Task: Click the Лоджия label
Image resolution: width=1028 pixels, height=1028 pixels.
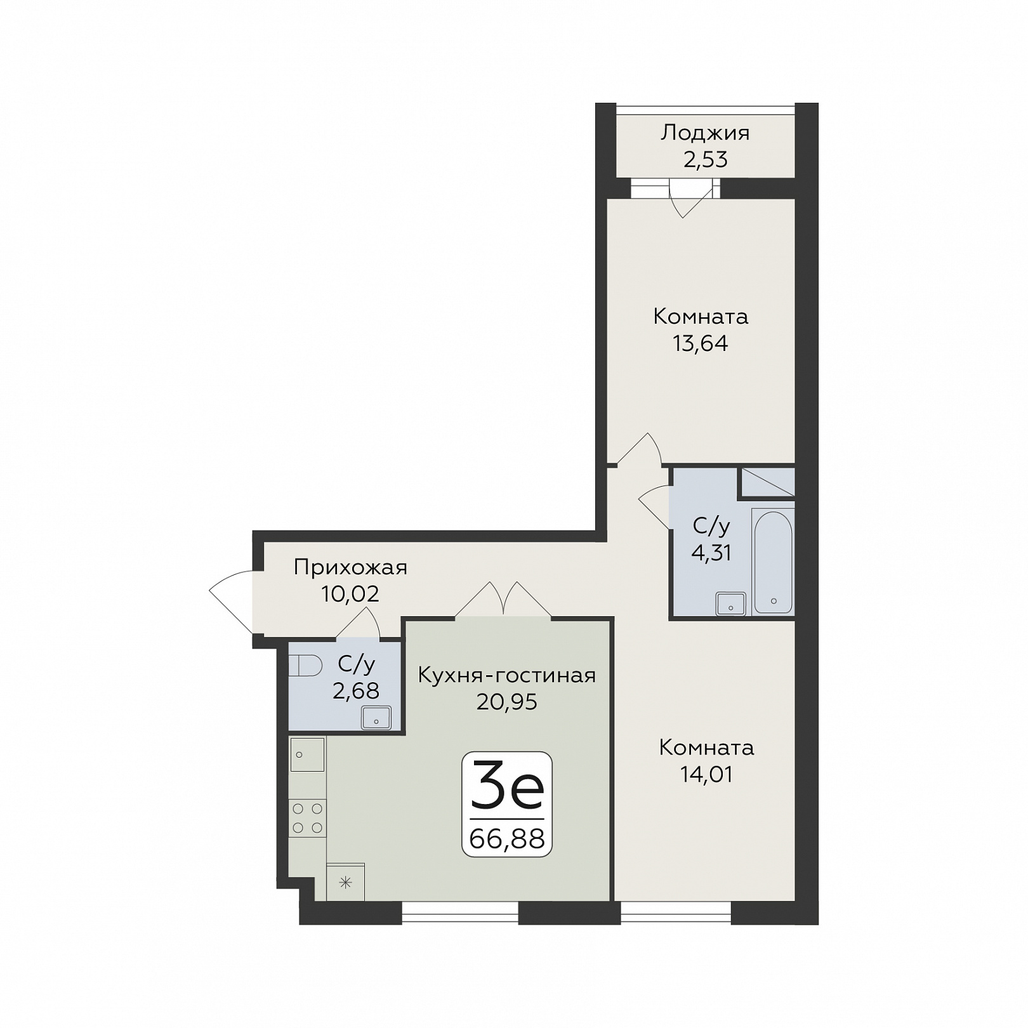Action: [705, 133]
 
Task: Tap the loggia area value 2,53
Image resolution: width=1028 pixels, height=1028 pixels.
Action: [706, 159]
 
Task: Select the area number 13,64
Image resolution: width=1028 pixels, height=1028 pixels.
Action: [701, 343]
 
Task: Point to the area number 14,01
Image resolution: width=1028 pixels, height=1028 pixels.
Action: [706, 774]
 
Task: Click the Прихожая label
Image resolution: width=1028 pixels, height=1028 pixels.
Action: [350, 567]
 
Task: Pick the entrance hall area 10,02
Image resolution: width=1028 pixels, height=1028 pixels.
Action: [350, 594]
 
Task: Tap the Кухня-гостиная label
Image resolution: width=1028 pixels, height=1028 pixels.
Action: [507, 675]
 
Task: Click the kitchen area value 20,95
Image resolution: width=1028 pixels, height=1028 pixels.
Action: [507, 702]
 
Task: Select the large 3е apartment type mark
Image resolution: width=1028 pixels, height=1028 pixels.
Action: [507, 787]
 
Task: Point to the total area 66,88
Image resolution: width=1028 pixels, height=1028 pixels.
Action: [507, 839]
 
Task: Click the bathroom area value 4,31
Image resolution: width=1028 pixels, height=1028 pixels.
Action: [711, 553]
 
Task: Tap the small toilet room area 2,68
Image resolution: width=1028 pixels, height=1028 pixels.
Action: [356, 690]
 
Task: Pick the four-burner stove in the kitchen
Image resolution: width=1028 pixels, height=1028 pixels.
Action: [307, 818]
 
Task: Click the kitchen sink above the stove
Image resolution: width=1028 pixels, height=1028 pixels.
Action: [307, 755]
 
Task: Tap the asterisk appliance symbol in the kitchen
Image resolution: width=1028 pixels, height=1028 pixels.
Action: [345, 882]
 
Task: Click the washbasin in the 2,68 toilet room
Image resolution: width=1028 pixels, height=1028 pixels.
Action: [376, 718]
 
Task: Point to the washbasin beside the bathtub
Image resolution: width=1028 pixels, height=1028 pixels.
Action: [730, 603]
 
